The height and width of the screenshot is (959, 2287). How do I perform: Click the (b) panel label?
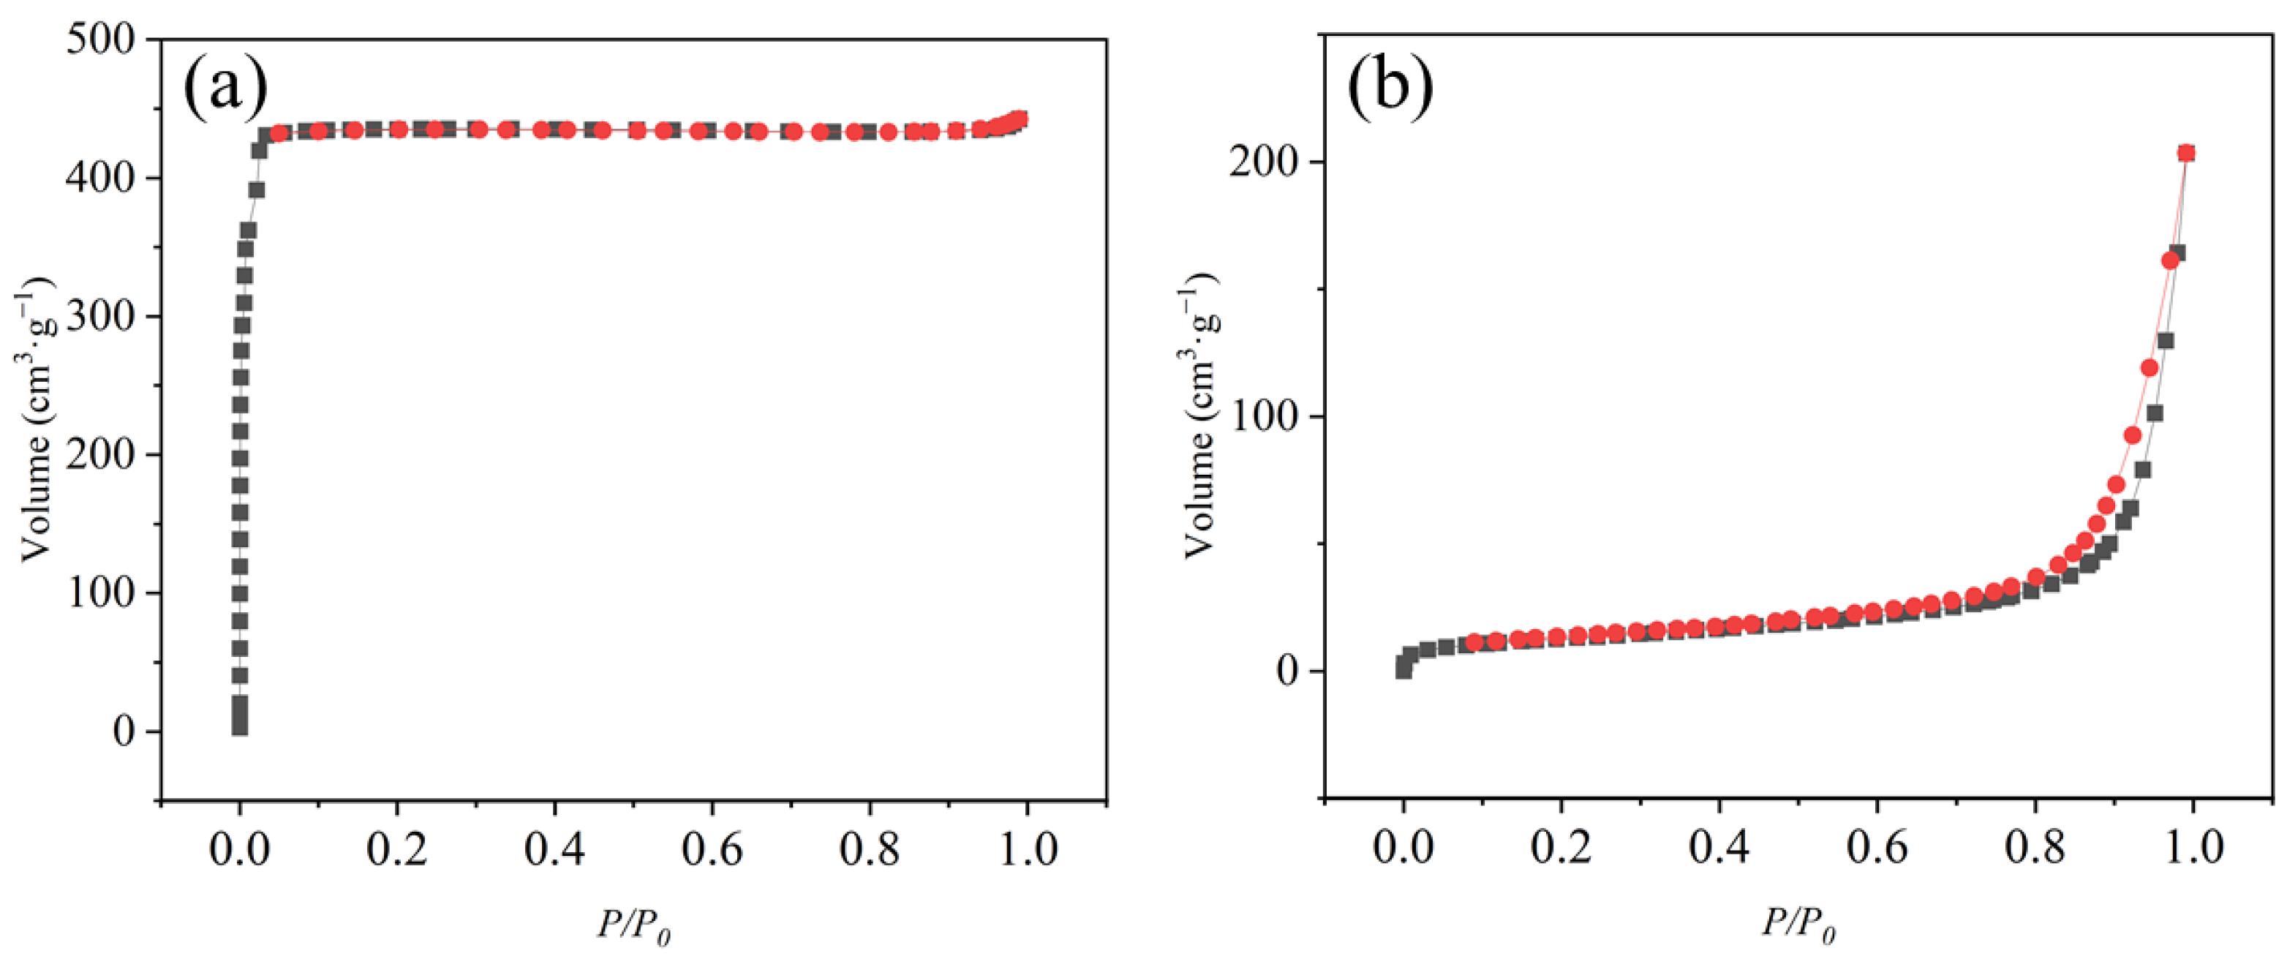pyautogui.click(x=1390, y=89)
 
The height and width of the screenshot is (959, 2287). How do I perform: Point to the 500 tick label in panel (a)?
pyautogui.click(x=101, y=40)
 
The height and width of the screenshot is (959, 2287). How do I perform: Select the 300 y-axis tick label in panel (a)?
pyautogui.click(x=101, y=317)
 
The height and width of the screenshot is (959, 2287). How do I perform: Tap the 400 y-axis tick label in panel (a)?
pyautogui.click(x=101, y=178)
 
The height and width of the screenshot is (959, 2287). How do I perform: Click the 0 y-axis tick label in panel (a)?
pyautogui.click(x=125, y=732)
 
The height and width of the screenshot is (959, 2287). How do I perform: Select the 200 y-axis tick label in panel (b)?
pyautogui.click(x=1265, y=162)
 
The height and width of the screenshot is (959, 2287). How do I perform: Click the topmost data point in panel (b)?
pyautogui.click(x=2179, y=154)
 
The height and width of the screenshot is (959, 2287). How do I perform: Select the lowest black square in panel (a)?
pyautogui.click(x=240, y=726)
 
